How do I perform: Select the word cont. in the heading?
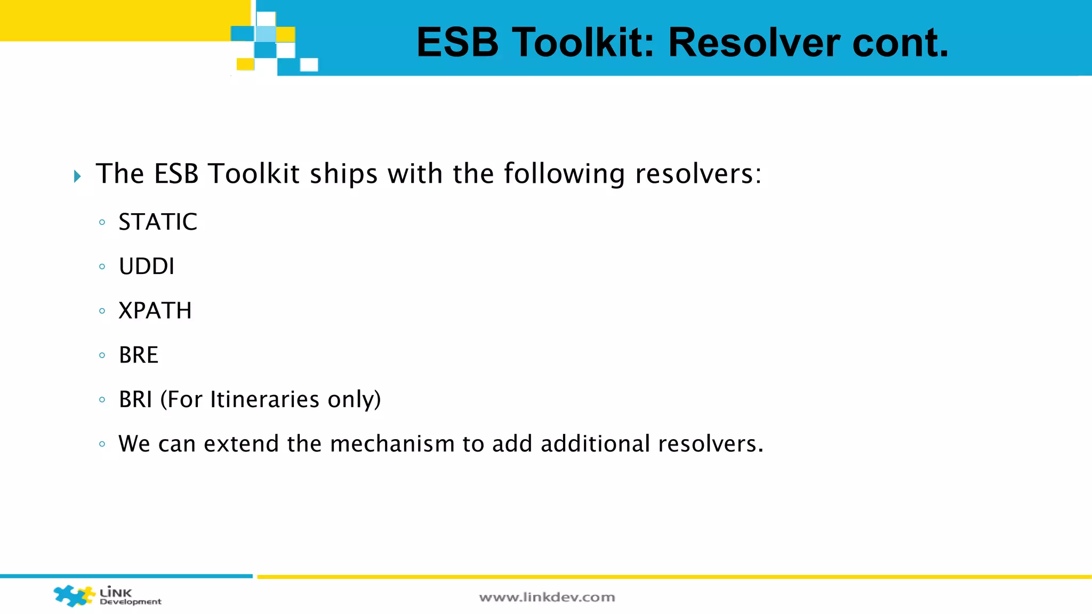click(901, 43)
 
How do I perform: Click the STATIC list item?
click(158, 222)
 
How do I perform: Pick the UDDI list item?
click(147, 266)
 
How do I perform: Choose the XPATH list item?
click(155, 311)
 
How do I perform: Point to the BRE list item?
click(139, 355)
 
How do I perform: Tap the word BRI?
click(135, 399)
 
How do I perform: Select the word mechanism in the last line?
click(392, 444)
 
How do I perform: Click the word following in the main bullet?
click(564, 174)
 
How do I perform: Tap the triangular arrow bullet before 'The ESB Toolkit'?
click(78, 176)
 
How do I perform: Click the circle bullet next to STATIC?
click(102, 222)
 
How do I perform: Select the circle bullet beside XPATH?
click(102, 311)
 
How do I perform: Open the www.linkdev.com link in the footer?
click(547, 597)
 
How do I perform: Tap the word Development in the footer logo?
click(131, 602)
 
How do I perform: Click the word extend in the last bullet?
click(241, 444)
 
